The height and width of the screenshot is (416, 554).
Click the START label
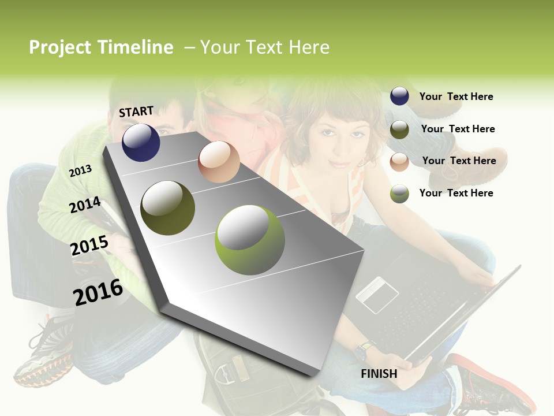coord(136,112)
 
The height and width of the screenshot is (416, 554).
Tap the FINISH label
coord(379,374)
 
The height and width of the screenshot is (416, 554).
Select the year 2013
coord(80,170)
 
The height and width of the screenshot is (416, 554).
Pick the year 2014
coord(85,205)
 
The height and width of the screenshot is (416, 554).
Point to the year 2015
coord(89,246)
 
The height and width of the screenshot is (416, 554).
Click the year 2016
coord(98,292)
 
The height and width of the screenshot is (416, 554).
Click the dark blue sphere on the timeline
coord(141,142)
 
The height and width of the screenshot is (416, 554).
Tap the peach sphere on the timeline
coord(219,162)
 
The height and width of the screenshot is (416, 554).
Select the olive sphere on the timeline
coord(168,207)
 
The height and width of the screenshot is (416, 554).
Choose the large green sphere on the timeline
coord(250,239)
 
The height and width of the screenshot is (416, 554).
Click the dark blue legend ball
coord(399,96)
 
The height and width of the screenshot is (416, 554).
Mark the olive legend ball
coord(399,129)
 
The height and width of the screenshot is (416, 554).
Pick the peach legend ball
coord(399,162)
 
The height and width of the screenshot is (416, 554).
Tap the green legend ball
coord(399,194)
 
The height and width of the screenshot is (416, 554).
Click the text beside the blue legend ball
coord(456,96)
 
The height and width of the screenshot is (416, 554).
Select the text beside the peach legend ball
coord(459,161)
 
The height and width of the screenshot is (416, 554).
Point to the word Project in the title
coord(60,47)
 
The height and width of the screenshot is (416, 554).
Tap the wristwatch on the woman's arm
coord(365,350)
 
